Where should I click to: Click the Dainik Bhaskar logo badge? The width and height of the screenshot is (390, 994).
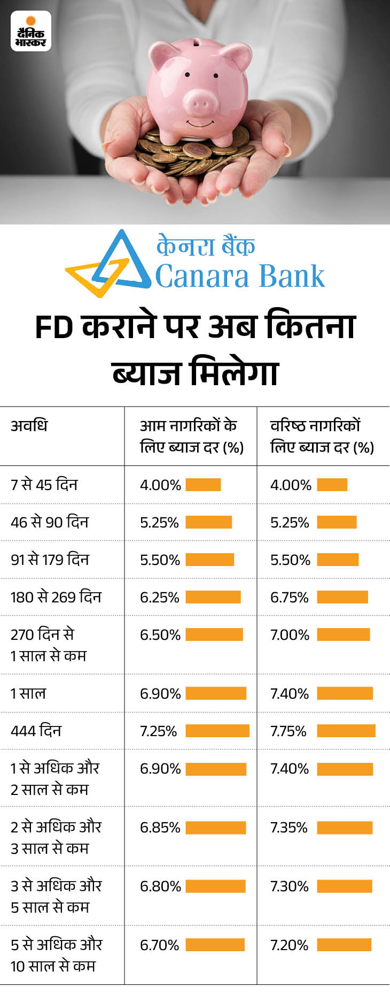click(x=31, y=31)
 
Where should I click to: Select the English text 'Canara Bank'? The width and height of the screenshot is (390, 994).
click(x=240, y=277)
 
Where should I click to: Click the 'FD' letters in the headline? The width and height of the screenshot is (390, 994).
click(x=54, y=327)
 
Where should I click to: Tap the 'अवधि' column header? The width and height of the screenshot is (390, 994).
click(x=29, y=426)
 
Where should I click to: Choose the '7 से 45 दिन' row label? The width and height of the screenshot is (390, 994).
click(x=44, y=485)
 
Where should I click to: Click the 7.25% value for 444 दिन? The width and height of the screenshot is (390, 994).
click(x=158, y=731)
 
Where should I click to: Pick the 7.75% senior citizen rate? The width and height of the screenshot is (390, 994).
click(x=288, y=731)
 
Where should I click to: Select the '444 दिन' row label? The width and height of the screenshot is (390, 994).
click(x=36, y=731)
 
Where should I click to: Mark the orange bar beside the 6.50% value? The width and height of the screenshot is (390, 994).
click(x=214, y=634)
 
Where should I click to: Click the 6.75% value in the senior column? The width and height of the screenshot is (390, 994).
click(x=290, y=597)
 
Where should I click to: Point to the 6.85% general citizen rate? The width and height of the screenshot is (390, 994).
click(x=160, y=827)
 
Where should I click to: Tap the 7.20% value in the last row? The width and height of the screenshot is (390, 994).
click(x=290, y=945)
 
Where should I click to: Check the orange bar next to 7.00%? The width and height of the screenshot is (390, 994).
click(x=343, y=634)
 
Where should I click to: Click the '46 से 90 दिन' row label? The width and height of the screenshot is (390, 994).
click(x=50, y=522)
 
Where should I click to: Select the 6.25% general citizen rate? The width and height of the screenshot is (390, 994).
click(x=159, y=597)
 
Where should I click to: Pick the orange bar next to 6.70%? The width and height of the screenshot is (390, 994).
click(x=215, y=945)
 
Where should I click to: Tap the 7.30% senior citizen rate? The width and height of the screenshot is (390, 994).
click(x=290, y=886)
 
